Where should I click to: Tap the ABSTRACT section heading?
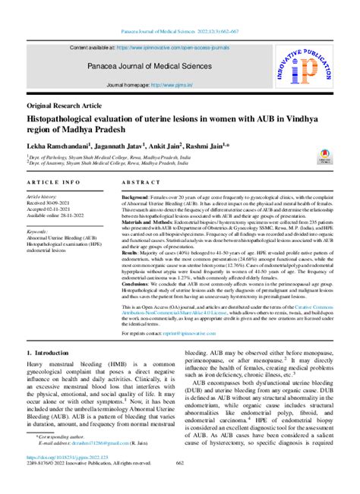point(141,184)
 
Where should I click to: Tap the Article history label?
point(43,196)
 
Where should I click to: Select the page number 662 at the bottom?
point(180,482)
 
